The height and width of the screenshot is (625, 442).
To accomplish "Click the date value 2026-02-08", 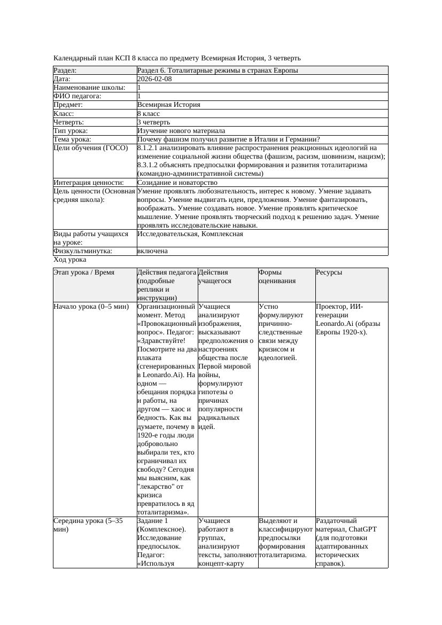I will (154, 79).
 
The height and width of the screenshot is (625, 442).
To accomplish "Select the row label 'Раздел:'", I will (65, 71).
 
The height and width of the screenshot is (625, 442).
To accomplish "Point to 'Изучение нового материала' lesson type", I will (181, 131).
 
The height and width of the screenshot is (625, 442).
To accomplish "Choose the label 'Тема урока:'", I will (72, 139).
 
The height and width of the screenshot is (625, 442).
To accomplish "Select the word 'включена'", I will (152, 251).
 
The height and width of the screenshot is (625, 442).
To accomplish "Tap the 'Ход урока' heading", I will (70, 260).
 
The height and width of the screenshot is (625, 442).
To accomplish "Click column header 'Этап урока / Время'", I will (84, 272).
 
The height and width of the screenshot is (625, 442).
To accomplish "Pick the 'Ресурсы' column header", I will (329, 272).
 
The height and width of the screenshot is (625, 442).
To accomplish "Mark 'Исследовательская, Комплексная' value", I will (190, 234).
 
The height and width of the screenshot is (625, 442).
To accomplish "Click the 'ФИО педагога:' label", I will (77, 96).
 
